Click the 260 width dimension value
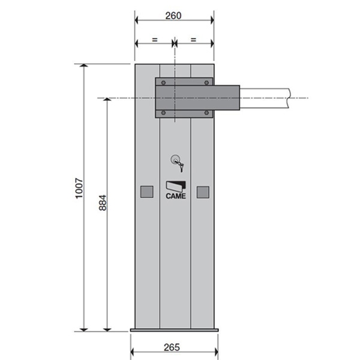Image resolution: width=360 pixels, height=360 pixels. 173,16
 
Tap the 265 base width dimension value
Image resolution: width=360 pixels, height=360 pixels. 172,347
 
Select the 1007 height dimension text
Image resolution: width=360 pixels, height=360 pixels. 79,188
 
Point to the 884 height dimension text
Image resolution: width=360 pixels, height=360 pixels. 103,203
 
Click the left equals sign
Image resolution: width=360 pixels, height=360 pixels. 155,40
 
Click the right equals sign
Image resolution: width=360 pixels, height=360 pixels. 194,40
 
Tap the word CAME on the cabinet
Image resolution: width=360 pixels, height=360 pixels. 176,196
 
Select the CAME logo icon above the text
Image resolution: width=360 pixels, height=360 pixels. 176,187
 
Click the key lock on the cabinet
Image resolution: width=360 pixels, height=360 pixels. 177,163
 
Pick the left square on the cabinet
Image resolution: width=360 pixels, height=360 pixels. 147,192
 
